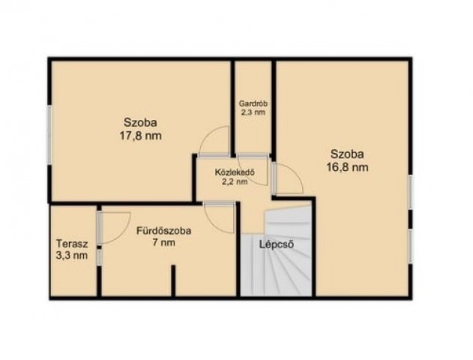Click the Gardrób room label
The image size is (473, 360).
point(253,103)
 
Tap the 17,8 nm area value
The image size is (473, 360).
point(141,136)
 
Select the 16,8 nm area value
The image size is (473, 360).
point(348,167)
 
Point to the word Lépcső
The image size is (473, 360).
point(277,244)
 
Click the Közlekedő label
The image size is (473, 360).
point(235,172)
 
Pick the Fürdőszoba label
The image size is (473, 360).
point(164,231)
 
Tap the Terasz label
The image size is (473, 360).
point(72,243)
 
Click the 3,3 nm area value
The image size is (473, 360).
point(72,256)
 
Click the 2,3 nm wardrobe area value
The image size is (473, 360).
point(253,112)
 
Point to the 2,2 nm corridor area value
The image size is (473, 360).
point(235,181)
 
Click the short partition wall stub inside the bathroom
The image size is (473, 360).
point(173,280)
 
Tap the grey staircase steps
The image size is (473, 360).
point(276,250)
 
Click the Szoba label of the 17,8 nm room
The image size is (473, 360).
point(140,123)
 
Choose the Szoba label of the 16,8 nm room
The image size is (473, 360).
point(347,154)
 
